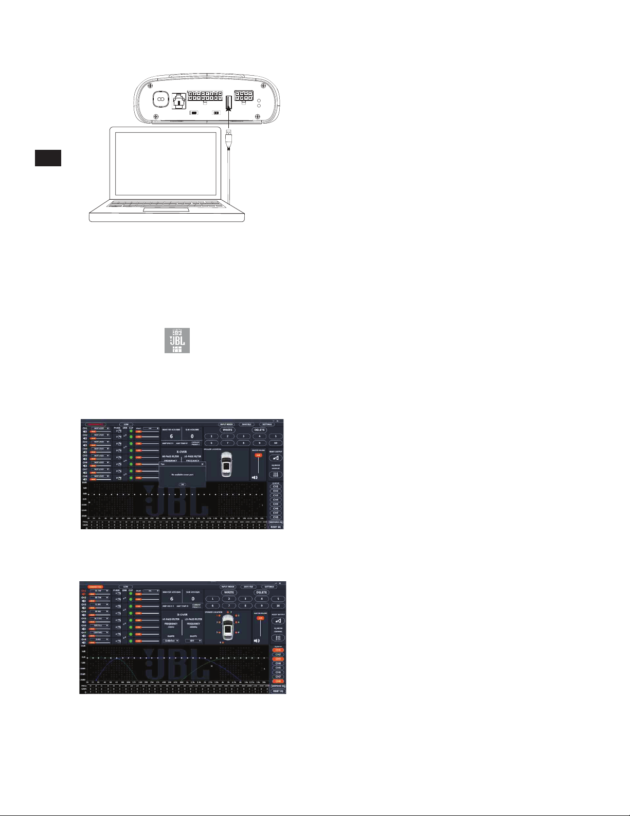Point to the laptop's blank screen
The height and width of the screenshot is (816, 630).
(166, 163)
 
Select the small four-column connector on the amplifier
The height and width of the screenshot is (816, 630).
(244, 97)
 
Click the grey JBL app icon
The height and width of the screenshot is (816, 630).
(177, 340)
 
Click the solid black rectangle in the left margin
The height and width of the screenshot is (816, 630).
(48, 158)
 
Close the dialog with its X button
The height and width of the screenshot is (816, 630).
(203, 464)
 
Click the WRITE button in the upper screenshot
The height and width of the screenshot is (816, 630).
(227, 430)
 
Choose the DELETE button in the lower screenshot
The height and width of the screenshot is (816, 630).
(262, 593)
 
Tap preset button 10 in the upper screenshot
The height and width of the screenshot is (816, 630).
(276, 443)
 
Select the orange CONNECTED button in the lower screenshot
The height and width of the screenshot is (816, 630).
(96, 586)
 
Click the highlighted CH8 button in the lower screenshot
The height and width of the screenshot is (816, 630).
(278, 681)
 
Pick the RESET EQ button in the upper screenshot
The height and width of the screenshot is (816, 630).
(276, 527)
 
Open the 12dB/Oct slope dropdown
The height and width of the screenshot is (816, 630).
(171, 641)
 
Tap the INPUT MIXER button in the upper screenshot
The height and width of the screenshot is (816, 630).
(227, 425)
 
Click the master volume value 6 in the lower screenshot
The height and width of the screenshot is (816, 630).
(172, 599)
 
